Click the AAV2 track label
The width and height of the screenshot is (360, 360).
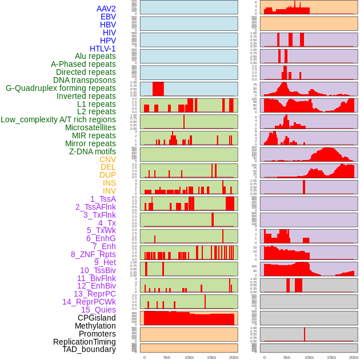point(106,9)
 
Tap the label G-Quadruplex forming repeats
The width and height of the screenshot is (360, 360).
point(61,88)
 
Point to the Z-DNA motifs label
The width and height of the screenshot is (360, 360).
point(92,151)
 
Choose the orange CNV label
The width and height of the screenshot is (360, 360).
point(107,159)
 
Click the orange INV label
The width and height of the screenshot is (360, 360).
point(109,191)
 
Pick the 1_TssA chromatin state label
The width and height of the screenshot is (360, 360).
point(103,199)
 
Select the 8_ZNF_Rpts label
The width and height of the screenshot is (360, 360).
point(93,254)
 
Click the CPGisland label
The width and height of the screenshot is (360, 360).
point(97,318)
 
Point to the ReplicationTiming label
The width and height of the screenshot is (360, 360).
point(84,342)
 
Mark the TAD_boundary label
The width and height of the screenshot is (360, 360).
point(89,349)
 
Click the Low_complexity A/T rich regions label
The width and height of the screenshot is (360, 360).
point(58,119)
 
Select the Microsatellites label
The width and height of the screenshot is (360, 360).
point(90,127)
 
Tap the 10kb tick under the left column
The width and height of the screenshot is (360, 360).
point(189,357)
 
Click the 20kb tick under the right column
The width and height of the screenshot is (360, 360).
point(354,357)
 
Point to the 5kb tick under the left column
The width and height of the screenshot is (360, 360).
point(166,357)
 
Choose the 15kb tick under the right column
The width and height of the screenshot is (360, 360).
point(331,357)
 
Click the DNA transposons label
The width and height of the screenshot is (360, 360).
point(85,80)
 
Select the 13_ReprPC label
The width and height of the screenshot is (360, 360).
point(94,294)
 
